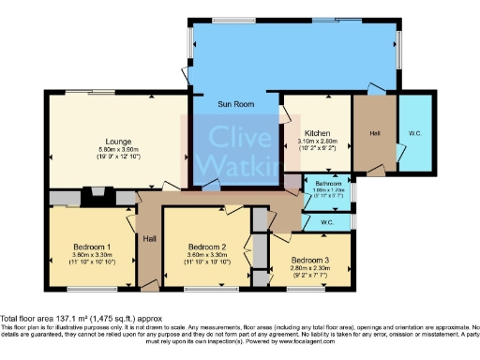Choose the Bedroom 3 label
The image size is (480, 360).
click(308, 260)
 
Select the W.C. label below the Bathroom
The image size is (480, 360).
click(327, 223)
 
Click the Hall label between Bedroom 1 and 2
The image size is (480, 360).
click(149, 238)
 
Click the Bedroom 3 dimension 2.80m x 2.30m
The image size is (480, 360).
click(308, 268)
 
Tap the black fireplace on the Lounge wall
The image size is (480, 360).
click(92, 196)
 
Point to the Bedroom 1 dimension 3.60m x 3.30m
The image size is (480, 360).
click(92, 256)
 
